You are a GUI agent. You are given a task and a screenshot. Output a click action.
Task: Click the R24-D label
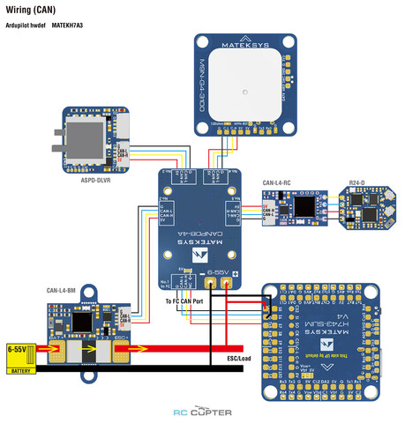358,182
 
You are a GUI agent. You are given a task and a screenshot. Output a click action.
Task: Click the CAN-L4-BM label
64,288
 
